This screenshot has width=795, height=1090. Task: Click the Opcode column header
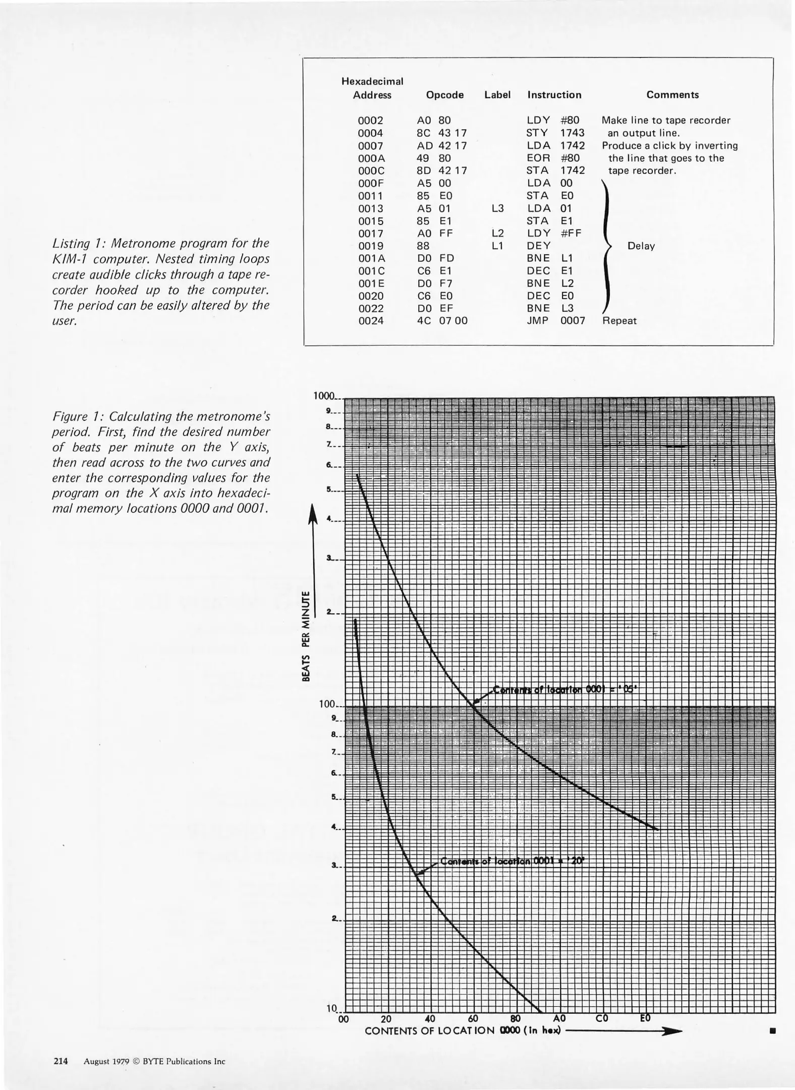444,95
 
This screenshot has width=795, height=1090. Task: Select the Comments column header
672,95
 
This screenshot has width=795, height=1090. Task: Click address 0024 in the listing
371,320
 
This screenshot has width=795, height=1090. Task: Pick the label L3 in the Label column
497,208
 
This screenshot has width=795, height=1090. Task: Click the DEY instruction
538,246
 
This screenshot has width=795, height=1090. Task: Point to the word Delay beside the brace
641,246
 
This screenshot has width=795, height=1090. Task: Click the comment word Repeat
619,320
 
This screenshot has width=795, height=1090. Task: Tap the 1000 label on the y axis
324,396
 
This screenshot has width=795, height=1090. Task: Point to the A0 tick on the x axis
559,1018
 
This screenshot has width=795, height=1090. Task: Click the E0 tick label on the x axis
645,1018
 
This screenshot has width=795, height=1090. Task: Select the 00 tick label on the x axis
343,1019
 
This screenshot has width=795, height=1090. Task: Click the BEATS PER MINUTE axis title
306,635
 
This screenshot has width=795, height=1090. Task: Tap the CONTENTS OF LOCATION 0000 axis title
463,1030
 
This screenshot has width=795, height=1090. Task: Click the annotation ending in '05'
565,689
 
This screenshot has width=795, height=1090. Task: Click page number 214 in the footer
61,1061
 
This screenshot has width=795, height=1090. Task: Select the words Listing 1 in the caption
76,243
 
